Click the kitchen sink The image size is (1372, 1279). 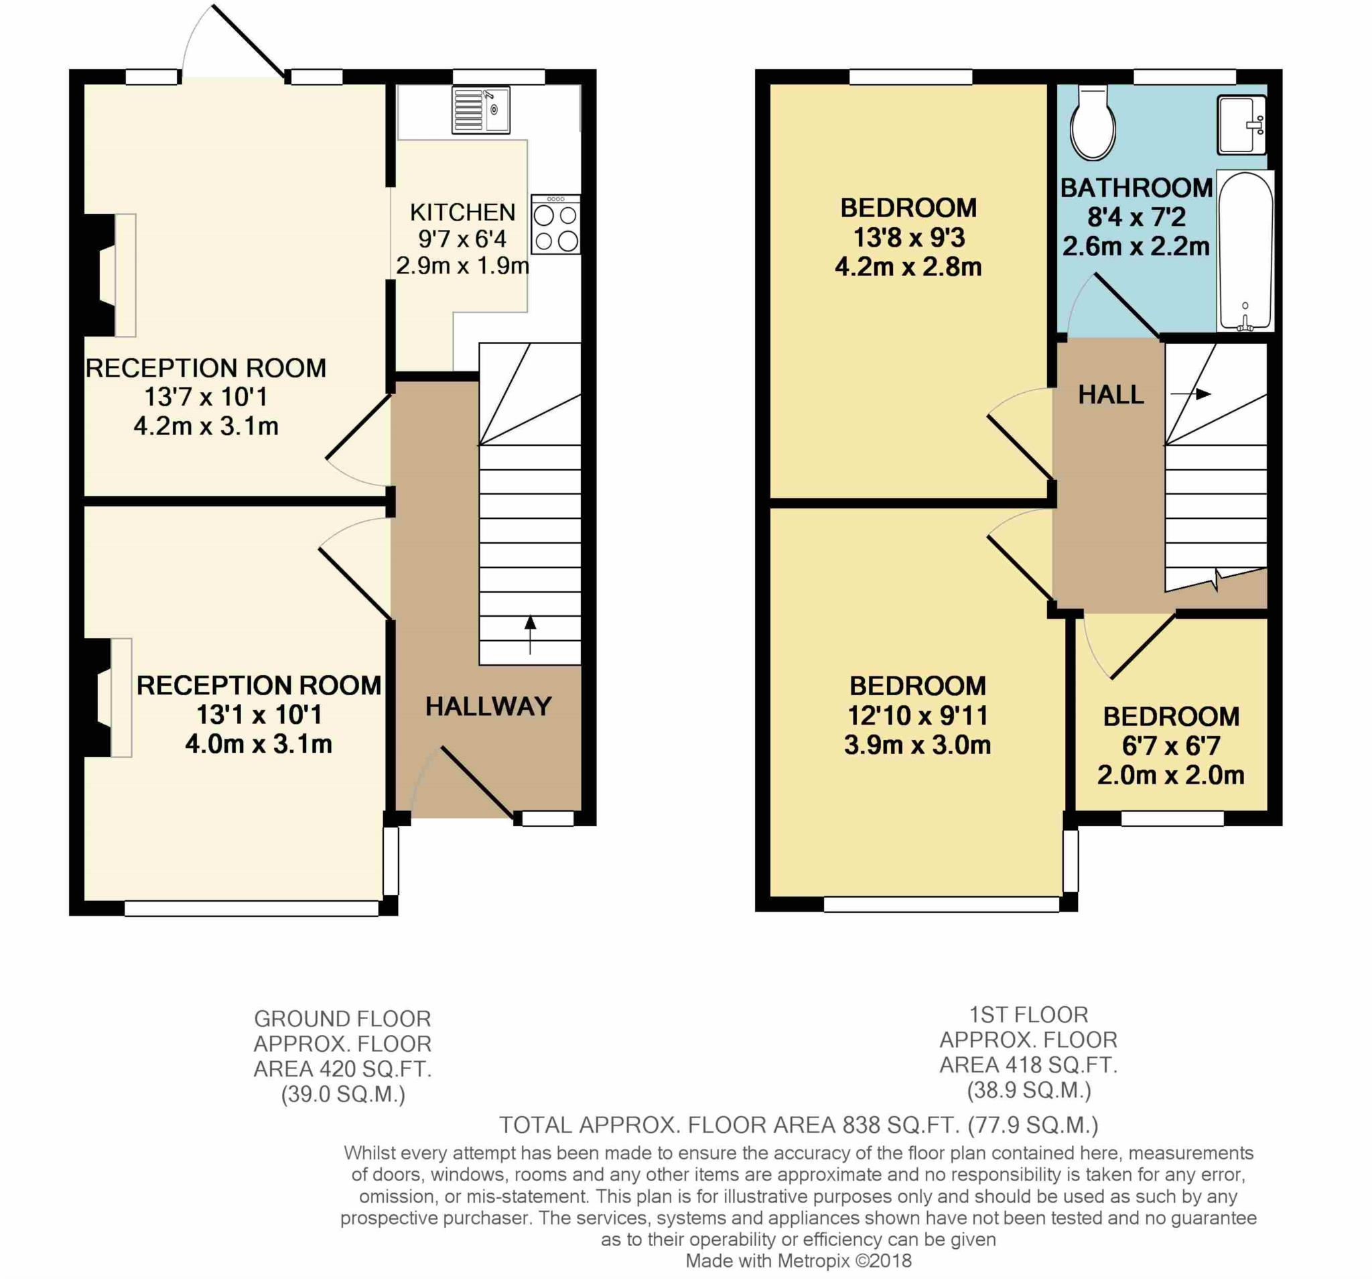click(480, 110)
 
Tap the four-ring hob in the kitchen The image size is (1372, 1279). click(555, 224)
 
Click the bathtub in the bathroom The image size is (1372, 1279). click(1245, 251)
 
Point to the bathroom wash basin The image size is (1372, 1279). click(1241, 124)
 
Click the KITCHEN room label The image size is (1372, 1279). click(462, 212)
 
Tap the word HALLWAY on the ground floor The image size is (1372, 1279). click(488, 707)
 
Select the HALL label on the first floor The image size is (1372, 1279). click(1111, 394)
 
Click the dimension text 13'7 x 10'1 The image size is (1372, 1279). click(206, 397)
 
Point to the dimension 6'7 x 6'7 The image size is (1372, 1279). click(1171, 746)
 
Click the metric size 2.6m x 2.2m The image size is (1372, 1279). click(1136, 247)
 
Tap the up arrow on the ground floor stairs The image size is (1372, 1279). click(530, 633)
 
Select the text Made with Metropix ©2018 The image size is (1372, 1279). click(798, 1260)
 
